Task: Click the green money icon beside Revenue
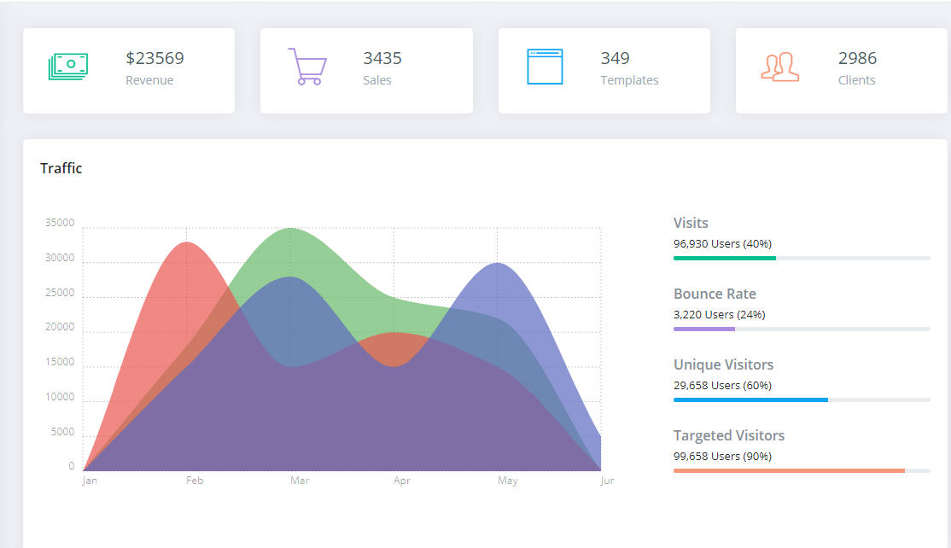[x=69, y=67]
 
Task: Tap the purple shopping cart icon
[x=306, y=67]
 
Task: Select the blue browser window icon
[x=545, y=67]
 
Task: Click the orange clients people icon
[x=780, y=67]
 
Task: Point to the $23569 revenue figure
[x=155, y=58]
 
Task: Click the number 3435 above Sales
[x=382, y=58]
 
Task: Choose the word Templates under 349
[x=629, y=80]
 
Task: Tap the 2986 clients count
[x=857, y=58]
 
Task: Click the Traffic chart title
[x=61, y=168]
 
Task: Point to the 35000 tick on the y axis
[x=60, y=224]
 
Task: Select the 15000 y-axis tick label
[x=60, y=363]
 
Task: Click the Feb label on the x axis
[x=195, y=481]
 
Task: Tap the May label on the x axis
[x=507, y=481]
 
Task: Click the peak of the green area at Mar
[x=290, y=230]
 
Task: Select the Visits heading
[x=691, y=223]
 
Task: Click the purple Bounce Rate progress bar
[x=704, y=329]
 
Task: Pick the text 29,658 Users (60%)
[x=722, y=386]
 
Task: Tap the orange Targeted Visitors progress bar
[x=789, y=470]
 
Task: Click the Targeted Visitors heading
[x=728, y=435]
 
